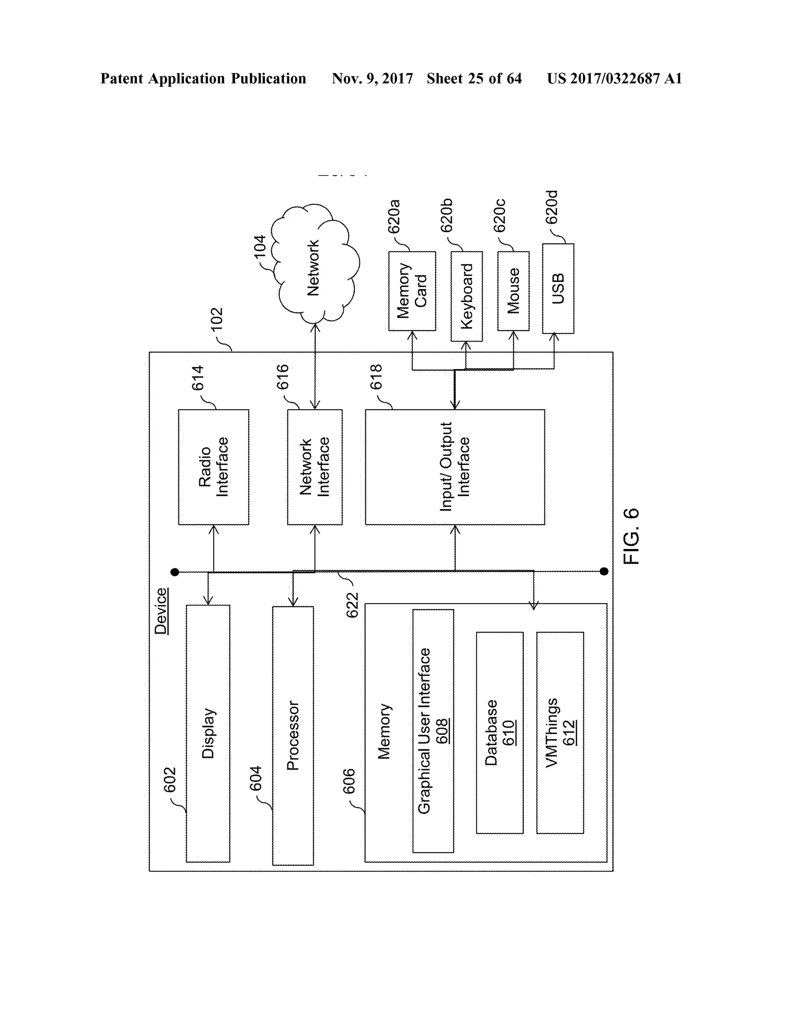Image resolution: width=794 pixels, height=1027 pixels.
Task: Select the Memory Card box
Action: pyautogui.click(x=412, y=291)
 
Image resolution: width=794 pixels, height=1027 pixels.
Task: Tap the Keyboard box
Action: pyautogui.click(x=466, y=296)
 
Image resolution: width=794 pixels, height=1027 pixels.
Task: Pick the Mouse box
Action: pyautogui.click(x=513, y=291)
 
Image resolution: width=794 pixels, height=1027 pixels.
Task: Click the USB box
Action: pyautogui.click(x=558, y=288)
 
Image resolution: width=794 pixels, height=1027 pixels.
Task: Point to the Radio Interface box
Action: pyautogui.click(x=214, y=467)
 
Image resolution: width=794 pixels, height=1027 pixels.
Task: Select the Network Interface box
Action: pyautogui.click(x=315, y=467)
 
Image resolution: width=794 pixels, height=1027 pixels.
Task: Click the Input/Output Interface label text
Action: pyautogui.click(x=454, y=467)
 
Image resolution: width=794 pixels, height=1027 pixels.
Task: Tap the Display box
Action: pyautogui.click(x=208, y=733)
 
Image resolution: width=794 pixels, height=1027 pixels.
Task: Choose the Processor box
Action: pyautogui.click(x=293, y=736)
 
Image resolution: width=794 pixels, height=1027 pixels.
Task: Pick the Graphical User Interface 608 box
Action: pyautogui.click(x=433, y=731)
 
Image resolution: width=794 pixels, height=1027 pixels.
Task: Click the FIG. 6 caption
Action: pyautogui.click(x=631, y=536)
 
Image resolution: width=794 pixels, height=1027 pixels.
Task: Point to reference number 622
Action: pyautogui.click(x=352, y=605)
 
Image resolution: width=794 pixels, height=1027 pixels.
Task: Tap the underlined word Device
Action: pyautogui.click(x=161, y=611)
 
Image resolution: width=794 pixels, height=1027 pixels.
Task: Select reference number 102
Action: pyautogui.click(x=216, y=319)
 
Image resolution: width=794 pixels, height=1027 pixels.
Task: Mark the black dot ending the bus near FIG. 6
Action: pyautogui.click(x=604, y=571)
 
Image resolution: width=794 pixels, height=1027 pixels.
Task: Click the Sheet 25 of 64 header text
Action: pyautogui.click(x=474, y=79)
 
